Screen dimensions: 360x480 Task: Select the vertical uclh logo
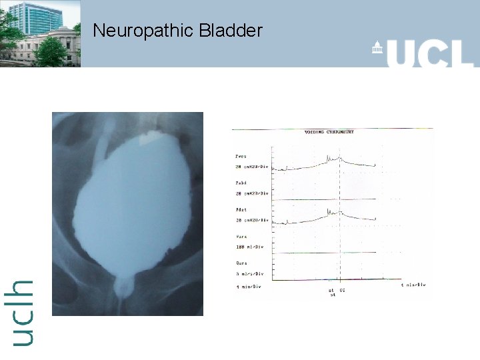pyautogui.click(x=22, y=312)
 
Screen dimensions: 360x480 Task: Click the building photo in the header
pyautogui.click(x=40, y=33)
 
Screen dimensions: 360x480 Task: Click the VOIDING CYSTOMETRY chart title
pyautogui.click(x=329, y=132)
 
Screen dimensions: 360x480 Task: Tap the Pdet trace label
pyautogui.click(x=241, y=210)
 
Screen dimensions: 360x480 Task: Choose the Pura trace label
pyautogui.click(x=241, y=236)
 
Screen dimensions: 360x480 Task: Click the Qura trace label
pyautogui.click(x=241, y=263)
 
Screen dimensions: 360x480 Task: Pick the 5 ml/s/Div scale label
pyautogui.click(x=249, y=273)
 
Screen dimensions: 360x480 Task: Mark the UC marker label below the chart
pyautogui.click(x=342, y=291)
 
